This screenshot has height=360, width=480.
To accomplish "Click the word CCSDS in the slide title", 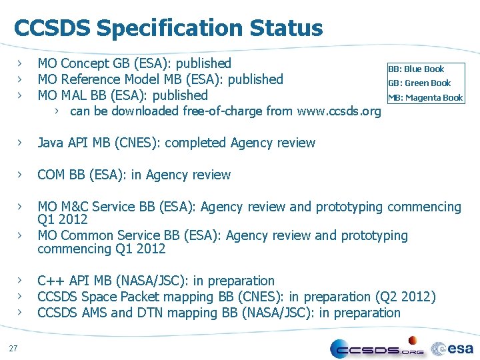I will (x=52, y=28).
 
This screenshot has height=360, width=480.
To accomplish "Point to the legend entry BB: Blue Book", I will (x=416, y=69).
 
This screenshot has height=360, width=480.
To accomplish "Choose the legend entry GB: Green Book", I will (x=419, y=83).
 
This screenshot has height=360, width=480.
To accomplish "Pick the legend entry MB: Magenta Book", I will (x=425, y=98).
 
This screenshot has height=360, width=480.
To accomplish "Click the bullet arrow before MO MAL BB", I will (x=21, y=95).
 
